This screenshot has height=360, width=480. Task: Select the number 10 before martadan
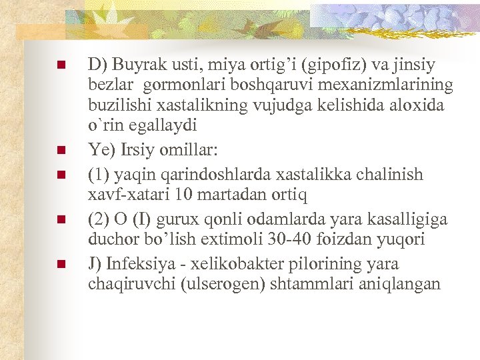[x=181, y=195]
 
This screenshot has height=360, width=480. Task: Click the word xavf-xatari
[x=127, y=195]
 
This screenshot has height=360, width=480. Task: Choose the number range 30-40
[x=284, y=239]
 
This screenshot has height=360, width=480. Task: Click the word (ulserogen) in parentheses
[x=221, y=283]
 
